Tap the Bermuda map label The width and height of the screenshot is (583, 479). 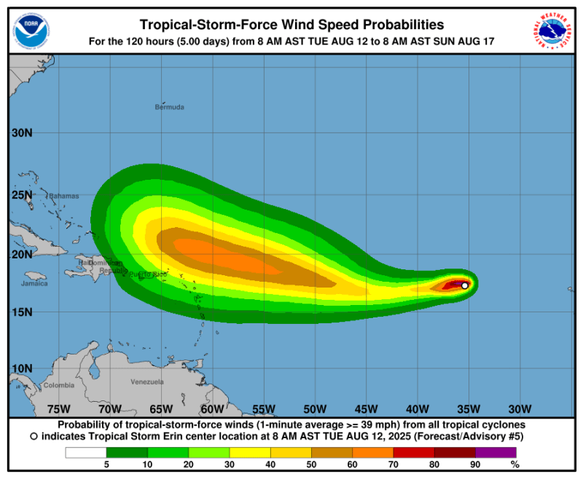pos(170,107)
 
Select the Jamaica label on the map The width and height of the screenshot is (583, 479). pos(34,283)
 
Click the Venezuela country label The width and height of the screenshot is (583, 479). pos(146,381)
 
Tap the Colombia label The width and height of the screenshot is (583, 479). pos(59,385)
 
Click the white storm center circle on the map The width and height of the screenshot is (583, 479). pos(465,285)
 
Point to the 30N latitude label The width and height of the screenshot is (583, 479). pos(22,133)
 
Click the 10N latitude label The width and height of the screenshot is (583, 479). pos(22,368)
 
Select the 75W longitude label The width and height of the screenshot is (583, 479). pos(58,408)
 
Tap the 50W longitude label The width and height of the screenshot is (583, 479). pos(315,408)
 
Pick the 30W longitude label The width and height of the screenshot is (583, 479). pos(520,408)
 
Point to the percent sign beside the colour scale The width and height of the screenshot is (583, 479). pos(514,464)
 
